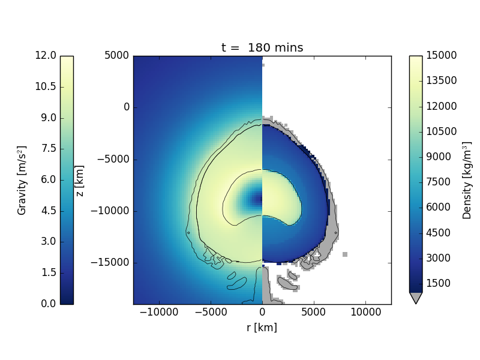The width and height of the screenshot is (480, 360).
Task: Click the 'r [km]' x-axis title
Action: pyautogui.click(x=262, y=328)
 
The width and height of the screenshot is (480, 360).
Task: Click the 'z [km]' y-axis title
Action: pyautogui.click(x=79, y=181)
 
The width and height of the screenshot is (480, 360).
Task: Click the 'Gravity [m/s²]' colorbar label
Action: pyautogui.click(x=22, y=180)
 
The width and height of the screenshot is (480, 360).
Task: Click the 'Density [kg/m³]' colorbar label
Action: pyautogui.click(x=467, y=180)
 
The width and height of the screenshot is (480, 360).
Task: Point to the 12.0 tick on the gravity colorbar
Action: pyautogui.click(x=46, y=56)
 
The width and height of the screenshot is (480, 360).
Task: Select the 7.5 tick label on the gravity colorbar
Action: pyautogui.click(x=46, y=149)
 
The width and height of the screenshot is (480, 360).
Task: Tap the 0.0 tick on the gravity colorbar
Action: pyautogui.click(x=46, y=304)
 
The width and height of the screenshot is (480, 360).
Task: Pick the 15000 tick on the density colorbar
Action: pyautogui.click(x=442, y=56)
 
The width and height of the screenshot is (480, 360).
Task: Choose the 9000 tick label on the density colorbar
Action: pyautogui.click(x=442, y=157)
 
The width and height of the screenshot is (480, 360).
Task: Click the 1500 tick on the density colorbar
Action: pyautogui.click(x=442, y=283)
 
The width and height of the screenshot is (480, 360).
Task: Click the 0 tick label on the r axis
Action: pyautogui.click(x=262, y=313)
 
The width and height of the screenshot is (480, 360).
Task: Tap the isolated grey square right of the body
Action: pyautogui.click(x=345, y=254)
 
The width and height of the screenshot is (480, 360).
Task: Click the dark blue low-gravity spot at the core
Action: pyautogui.click(x=257, y=199)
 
